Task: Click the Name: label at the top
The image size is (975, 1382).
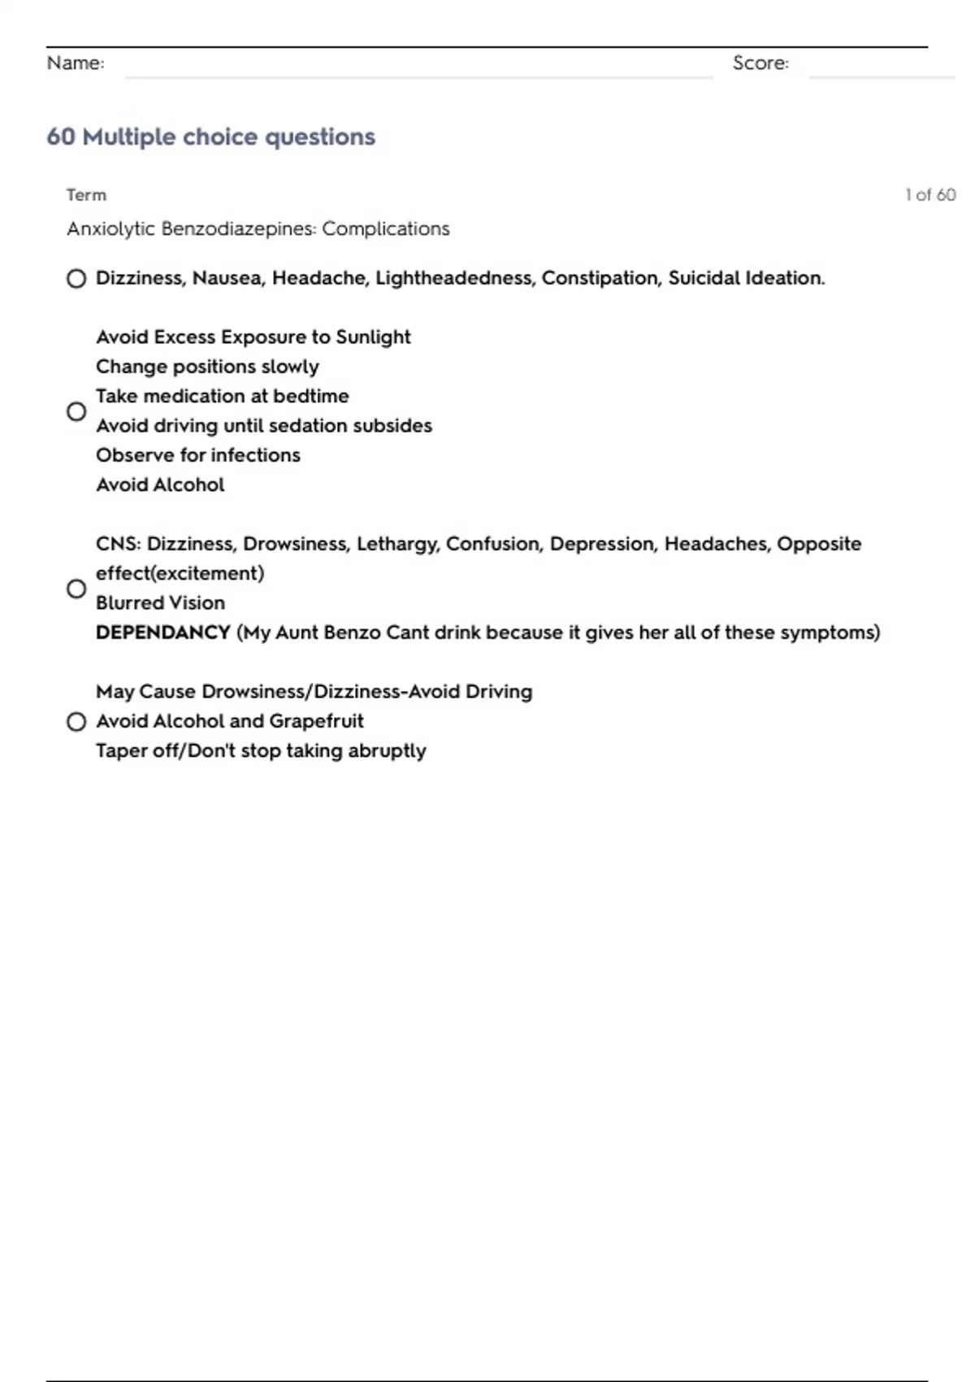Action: [76, 63]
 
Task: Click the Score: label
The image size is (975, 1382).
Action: [760, 63]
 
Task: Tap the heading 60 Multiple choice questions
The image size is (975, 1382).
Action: [210, 137]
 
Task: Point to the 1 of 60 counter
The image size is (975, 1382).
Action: [929, 195]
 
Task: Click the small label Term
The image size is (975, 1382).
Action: [86, 195]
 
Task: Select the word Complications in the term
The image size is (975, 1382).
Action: [385, 229]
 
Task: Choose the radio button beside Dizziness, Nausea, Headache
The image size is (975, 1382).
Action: [76, 279]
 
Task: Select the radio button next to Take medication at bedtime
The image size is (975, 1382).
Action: [76, 411]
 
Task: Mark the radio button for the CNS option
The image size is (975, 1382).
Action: [76, 589]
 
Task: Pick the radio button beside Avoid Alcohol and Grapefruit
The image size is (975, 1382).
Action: [76, 722]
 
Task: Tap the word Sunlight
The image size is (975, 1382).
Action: [373, 337]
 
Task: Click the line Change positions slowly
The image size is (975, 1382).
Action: [207, 367]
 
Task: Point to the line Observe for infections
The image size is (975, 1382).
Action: [198, 455]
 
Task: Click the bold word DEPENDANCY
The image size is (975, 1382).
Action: [163, 632]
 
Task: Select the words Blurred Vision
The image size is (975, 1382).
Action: [160, 603]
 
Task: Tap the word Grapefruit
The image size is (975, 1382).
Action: [316, 721]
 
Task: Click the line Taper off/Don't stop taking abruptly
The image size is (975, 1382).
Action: [261, 751]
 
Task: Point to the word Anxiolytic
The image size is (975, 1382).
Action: [110, 229]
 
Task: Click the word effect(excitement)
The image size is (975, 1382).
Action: [180, 574]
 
